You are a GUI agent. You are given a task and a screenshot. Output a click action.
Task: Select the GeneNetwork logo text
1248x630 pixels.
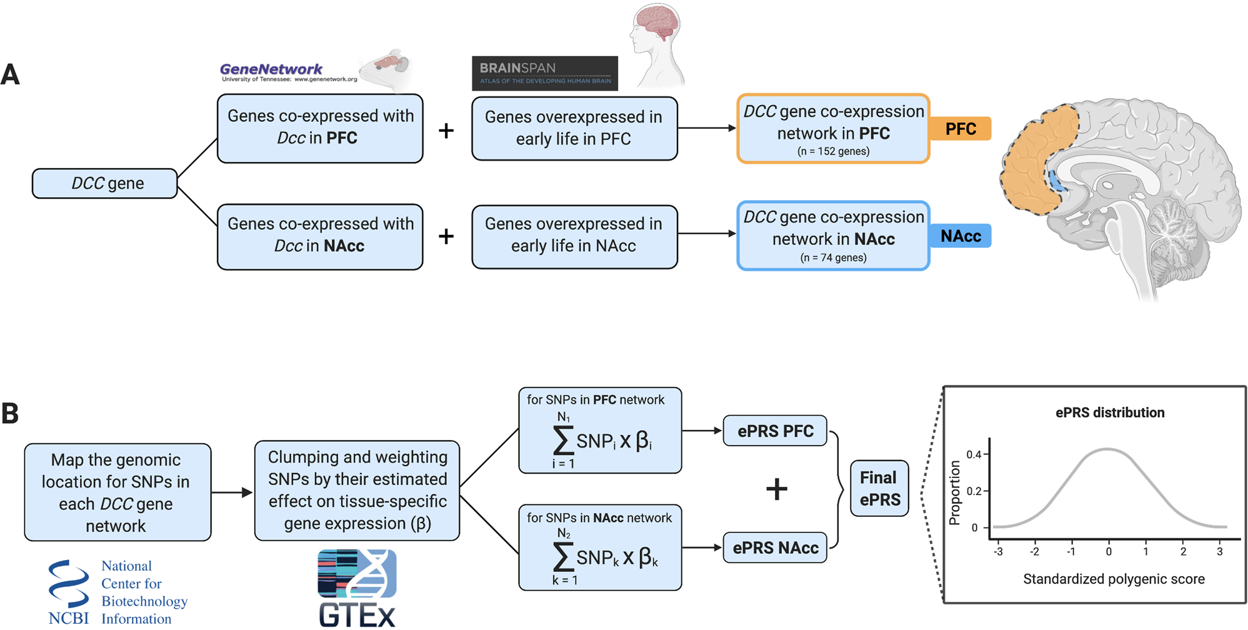pyautogui.click(x=271, y=69)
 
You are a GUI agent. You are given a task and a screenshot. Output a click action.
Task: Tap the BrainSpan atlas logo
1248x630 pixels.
pyautogui.click(x=544, y=73)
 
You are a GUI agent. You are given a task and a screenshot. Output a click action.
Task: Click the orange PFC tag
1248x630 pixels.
pyautogui.click(x=960, y=129)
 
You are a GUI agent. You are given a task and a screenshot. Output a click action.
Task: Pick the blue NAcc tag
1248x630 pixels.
pyautogui.click(x=960, y=236)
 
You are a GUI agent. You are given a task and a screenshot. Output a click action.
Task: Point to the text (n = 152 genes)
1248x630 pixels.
pyautogui.click(x=833, y=151)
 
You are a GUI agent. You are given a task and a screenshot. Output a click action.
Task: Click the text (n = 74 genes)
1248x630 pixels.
pyautogui.click(x=833, y=257)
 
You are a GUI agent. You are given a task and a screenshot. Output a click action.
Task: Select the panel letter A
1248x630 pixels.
pyautogui.click(x=11, y=75)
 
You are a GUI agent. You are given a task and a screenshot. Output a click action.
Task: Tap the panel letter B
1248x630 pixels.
pyautogui.click(x=10, y=413)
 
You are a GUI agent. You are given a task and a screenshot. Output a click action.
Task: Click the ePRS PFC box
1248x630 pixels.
pyautogui.click(x=775, y=431)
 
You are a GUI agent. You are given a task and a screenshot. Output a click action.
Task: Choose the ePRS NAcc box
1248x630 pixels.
pyautogui.click(x=775, y=548)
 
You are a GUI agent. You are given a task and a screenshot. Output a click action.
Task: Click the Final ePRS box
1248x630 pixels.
pyautogui.click(x=879, y=489)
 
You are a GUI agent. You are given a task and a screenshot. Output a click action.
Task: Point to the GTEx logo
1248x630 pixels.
pyautogui.click(x=357, y=588)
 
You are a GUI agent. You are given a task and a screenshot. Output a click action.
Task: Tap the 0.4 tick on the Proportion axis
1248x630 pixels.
pyautogui.click(x=974, y=454)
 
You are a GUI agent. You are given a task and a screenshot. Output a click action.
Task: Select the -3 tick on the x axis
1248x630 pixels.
pyautogui.click(x=998, y=552)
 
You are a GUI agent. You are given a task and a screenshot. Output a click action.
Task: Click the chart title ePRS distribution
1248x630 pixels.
pyautogui.click(x=1109, y=412)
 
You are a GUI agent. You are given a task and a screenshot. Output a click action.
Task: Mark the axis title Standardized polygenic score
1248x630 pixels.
pyautogui.click(x=1114, y=579)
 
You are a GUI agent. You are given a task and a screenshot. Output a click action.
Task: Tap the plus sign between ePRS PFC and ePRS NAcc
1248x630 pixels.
pyautogui.click(x=776, y=489)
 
